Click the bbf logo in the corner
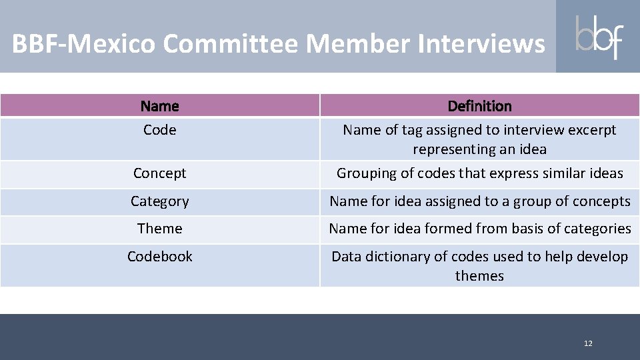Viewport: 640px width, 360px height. click(x=598, y=36)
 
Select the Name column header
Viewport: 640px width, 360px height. click(x=160, y=106)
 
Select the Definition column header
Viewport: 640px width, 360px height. click(x=479, y=106)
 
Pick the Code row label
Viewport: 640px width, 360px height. click(x=160, y=130)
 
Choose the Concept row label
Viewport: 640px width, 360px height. click(x=160, y=173)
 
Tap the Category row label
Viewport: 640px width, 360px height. click(x=160, y=201)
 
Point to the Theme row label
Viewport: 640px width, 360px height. click(x=160, y=229)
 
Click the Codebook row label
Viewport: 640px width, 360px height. click(x=160, y=257)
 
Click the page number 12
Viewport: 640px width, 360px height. click(x=587, y=343)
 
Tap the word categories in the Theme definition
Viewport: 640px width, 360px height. click(x=595, y=229)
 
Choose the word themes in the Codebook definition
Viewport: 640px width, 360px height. click(x=479, y=276)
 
